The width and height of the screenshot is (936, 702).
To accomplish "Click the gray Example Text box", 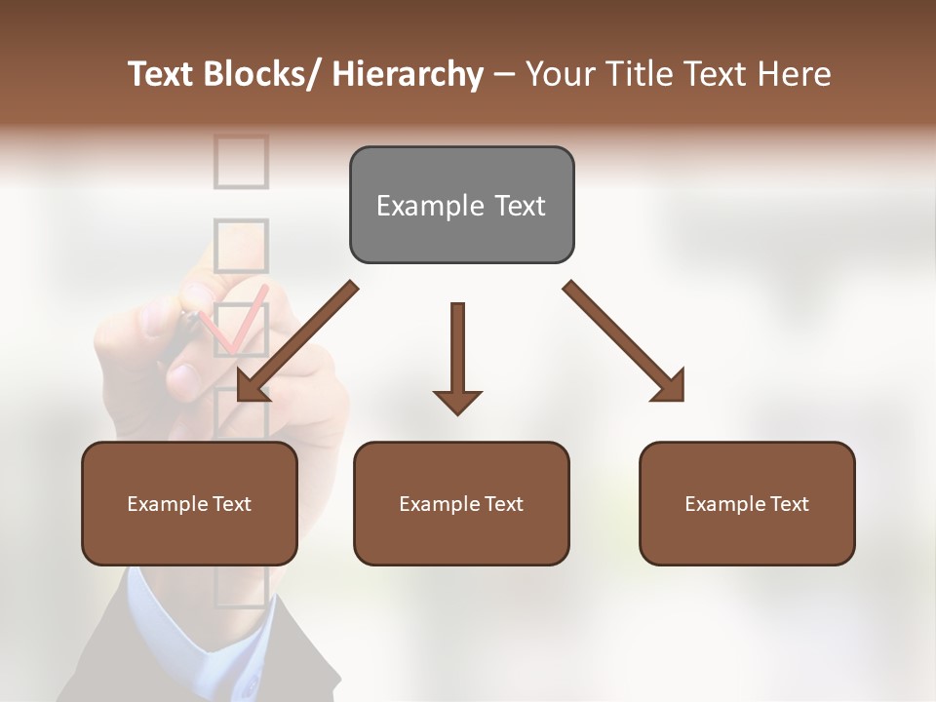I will (461, 205).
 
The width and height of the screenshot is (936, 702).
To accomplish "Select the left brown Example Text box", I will (189, 503).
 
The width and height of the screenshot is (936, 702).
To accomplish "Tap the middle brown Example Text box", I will (461, 503).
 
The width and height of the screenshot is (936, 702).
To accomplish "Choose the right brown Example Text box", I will (747, 503).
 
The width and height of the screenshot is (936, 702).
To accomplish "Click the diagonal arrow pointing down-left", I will (295, 341).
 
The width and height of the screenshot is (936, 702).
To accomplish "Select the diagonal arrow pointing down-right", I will (624, 341).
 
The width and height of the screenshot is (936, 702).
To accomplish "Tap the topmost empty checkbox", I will (240, 161).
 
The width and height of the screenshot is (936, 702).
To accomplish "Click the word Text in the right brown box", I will (788, 504).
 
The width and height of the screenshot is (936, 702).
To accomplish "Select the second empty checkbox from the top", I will (240, 245).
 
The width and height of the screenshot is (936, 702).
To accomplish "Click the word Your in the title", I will (558, 74).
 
